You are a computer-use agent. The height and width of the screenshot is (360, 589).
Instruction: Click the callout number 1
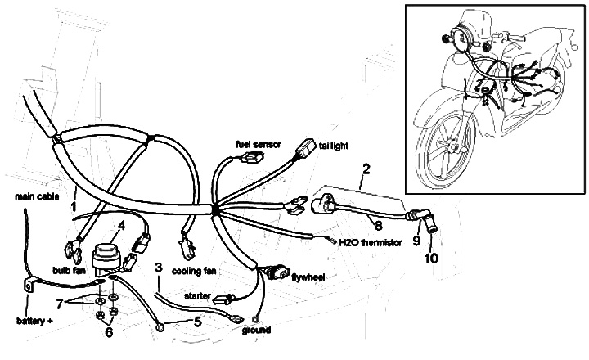[x=74, y=196]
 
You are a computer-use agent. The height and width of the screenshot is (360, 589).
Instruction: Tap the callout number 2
[x=367, y=170]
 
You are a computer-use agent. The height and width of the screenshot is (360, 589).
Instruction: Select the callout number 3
[x=159, y=268]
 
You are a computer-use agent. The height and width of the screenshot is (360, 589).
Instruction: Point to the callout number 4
[x=120, y=225]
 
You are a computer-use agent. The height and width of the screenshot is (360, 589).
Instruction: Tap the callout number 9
[x=416, y=242]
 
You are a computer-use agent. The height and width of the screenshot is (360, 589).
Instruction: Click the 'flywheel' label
[x=308, y=278]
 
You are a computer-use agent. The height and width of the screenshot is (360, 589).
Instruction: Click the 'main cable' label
[x=36, y=197]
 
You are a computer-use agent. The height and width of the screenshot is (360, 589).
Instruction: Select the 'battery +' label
[x=33, y=319]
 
